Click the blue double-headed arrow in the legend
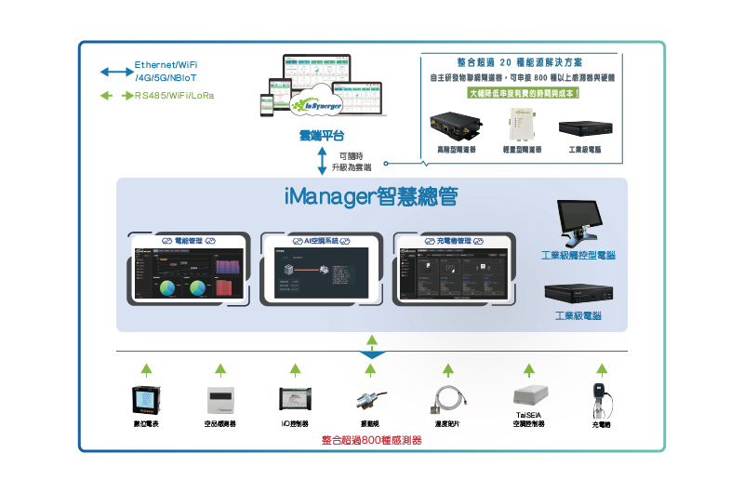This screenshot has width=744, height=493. (117, 72)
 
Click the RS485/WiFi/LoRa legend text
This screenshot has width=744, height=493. (175, 96)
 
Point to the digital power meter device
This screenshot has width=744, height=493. (146, 398)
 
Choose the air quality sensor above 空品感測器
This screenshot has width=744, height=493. (219, 399)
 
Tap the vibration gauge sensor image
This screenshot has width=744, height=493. (369, 400)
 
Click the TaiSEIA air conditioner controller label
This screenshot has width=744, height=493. (528, 420)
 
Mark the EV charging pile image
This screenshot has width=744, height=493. (601, 399)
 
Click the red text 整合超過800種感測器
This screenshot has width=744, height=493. (371, 440)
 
